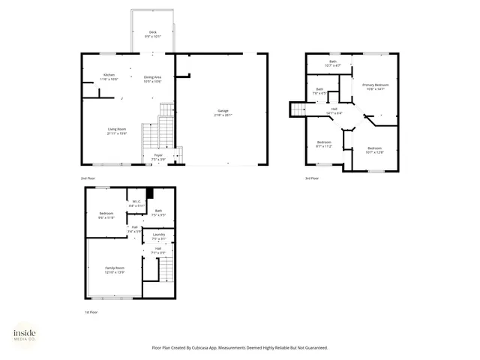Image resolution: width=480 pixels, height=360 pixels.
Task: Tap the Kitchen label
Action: pyautogui.click(x=109, y=76)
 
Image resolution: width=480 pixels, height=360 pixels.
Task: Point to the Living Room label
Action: pyautogui.click(x=115, y=130)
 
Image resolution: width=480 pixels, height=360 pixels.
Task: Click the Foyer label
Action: pyautogui.click(x=158, y=156)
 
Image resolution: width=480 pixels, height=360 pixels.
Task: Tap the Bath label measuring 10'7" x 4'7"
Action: pyautogui.click(x=333, y=63)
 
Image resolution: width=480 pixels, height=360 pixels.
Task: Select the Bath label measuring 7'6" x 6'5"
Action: pyautogui.click(x=319, y=91)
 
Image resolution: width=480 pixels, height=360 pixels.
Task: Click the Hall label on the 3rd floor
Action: pyautogui.click(x=334, y=111)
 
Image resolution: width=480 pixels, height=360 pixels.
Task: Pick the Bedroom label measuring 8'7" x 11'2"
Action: pyautogui.click(x=323, y=144)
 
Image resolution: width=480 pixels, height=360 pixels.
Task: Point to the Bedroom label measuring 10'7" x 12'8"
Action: pyautogui.click(x=374, y=150)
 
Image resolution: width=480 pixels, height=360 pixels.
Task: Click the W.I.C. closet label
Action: pyautogui.click(x=136, y=202)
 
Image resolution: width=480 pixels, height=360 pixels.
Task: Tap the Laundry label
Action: pyautogui.click(x=158, y=236)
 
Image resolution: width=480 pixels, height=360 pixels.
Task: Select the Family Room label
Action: pyautogui.click(x=114, y=268)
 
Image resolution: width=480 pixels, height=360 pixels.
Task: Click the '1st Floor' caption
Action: pyautogui.click(x=91, y=311)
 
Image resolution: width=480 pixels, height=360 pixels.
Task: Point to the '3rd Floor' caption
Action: pyautogui.click(x=311, y=178)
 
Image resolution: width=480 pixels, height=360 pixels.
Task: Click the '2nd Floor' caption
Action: pyautogui.click(x=88, y=178)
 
